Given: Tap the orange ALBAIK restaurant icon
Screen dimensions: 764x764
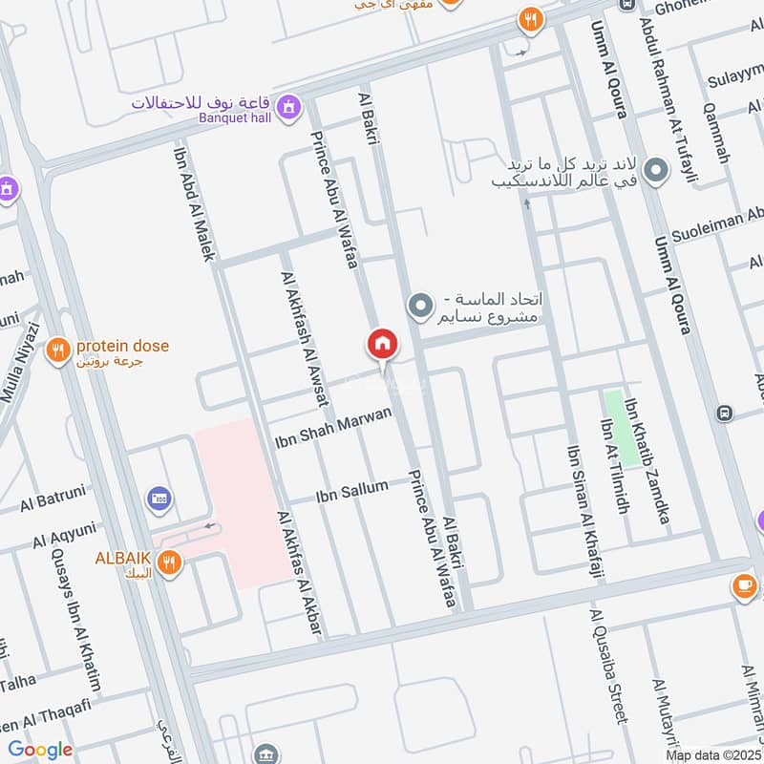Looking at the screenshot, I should pos(169,562).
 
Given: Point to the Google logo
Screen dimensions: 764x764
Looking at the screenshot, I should pos(40,750).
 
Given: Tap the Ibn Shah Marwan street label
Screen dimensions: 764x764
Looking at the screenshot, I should pos(333,429).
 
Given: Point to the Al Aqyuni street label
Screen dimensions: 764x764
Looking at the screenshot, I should pos(65,533).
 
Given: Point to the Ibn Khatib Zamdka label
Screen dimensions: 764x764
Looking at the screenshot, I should pos(647,462).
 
